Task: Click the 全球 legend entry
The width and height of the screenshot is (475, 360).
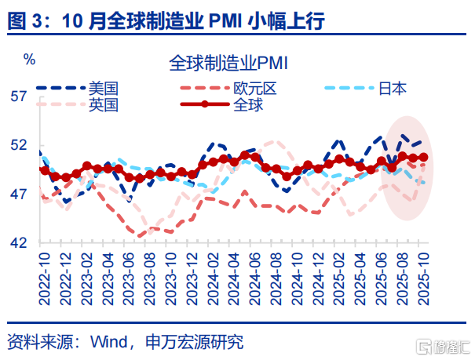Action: click(247, 104)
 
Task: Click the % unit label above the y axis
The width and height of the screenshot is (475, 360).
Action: click(29, 60)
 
